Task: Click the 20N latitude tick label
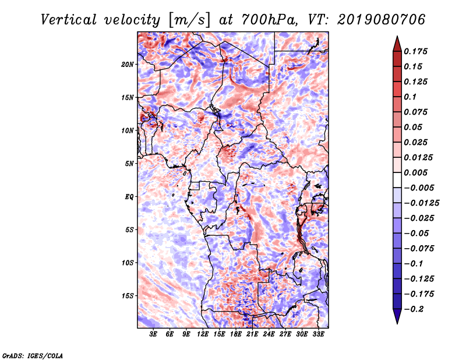pyautogui.click(x=128, y=64)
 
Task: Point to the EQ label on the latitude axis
pyautogui.click(x=129, y=197)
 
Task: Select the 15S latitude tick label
pyautogui.click(x=128, y=296)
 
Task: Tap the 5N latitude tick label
pyautogui.click(x=129, y=164)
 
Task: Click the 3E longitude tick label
pyautogui.click(x=154, y=334)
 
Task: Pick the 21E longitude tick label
pyautogui.click(x=252, y=334)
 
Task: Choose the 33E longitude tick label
pyautogui.click(x=318, y=334)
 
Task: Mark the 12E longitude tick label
pyautogui.click(x=203, y=334)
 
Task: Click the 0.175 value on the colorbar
pyautogui.click(x=416, y=51)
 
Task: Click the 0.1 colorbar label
pyautogui.click(x=411, y=97)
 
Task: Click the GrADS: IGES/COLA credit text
pyautogui.click(x=32, y=355)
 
